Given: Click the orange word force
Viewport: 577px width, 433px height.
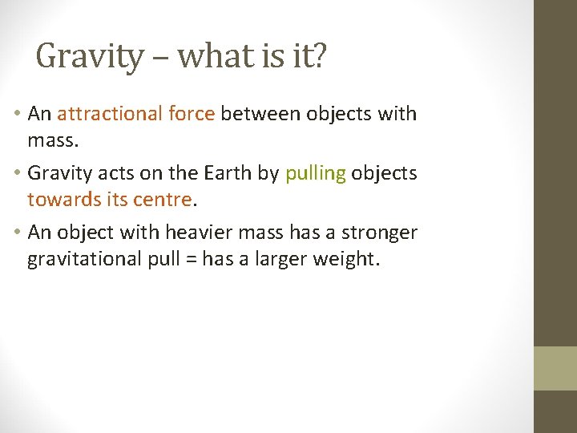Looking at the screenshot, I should pos(192,114).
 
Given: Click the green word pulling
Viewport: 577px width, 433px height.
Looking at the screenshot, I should pos(315,174).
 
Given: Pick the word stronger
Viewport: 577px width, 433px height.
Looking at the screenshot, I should pos(378,233).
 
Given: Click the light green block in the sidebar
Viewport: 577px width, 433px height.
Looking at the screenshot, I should pos(555,368).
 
